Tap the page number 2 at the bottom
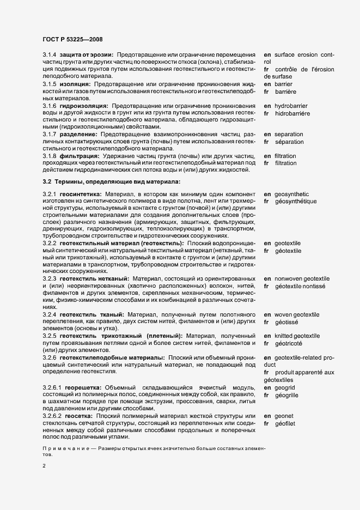(x=45, y=466)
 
